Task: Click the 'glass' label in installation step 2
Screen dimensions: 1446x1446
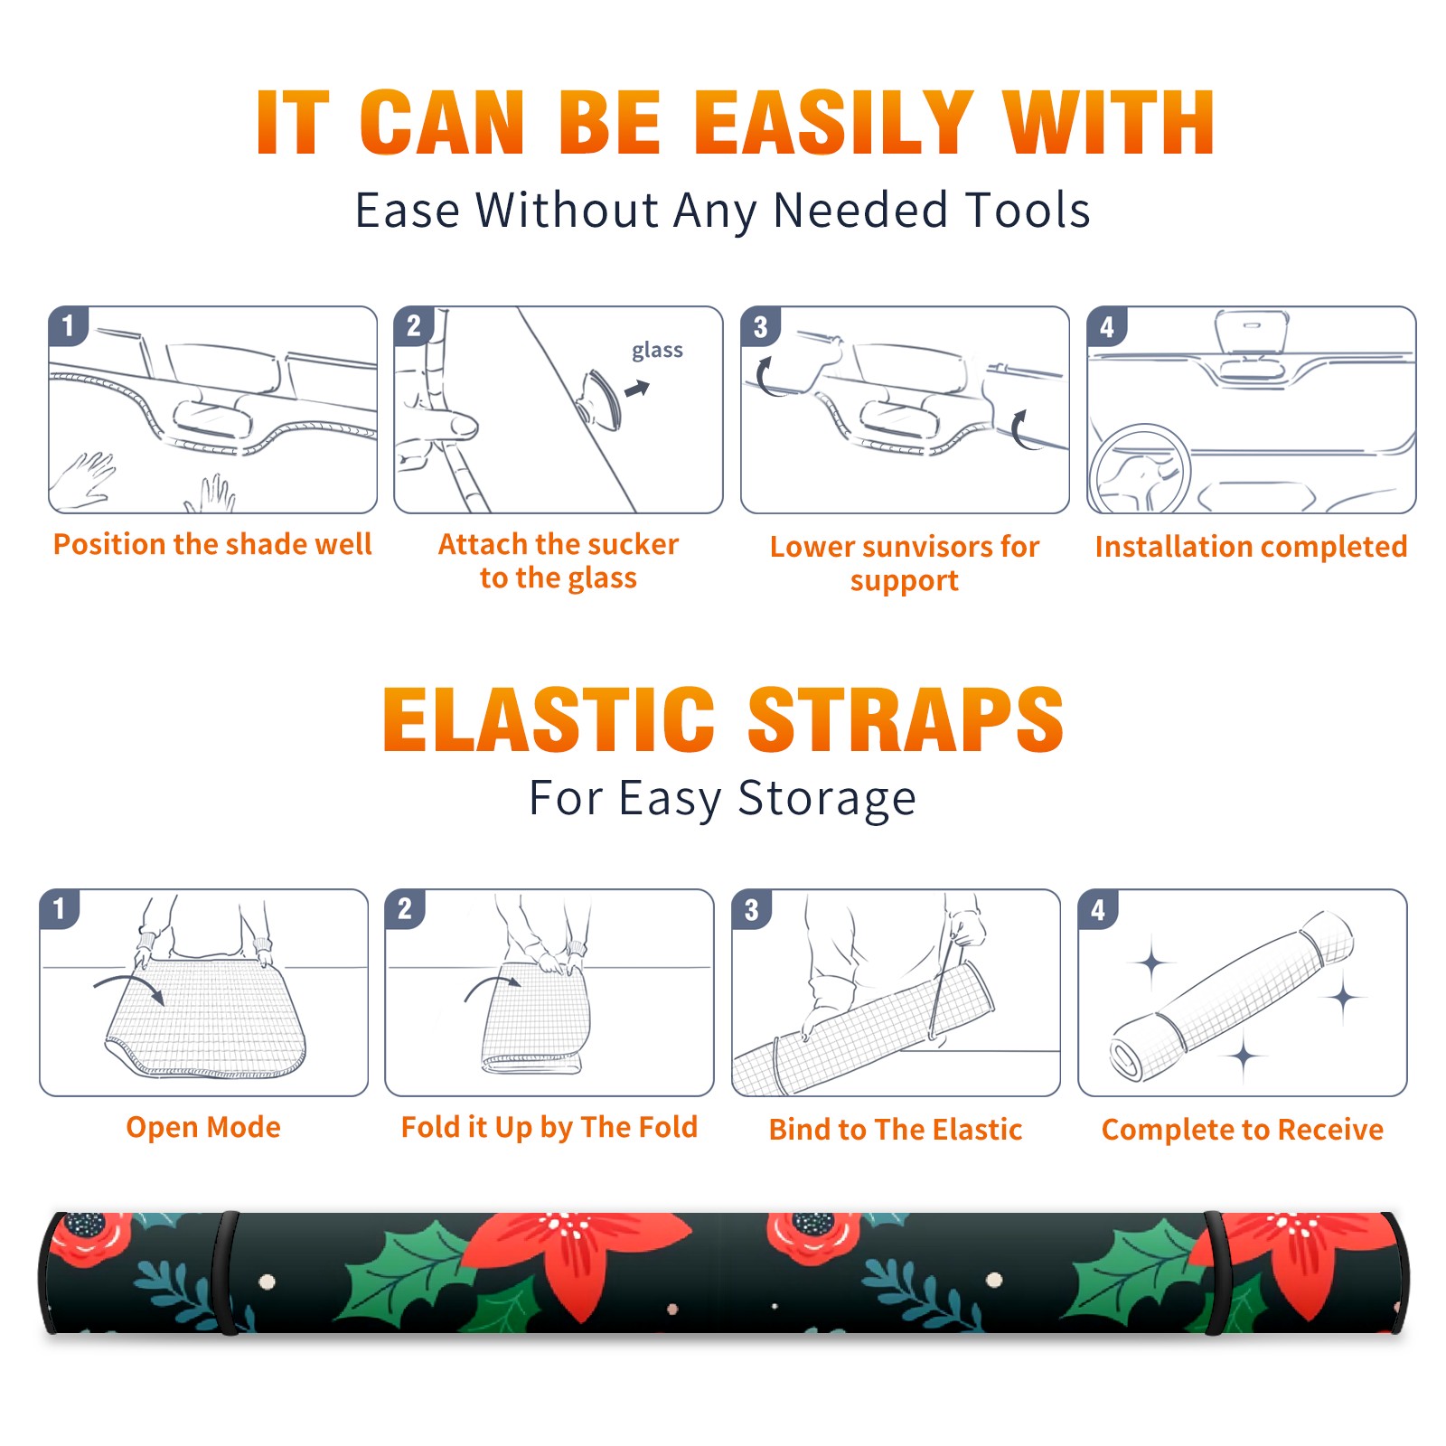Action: coord(657,351)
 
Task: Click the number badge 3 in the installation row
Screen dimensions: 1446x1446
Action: coord(760,327)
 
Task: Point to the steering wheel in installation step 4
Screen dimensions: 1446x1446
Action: coord(1139,468)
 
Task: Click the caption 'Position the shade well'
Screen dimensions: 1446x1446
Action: coord(212,544)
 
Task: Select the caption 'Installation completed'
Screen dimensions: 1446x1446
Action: coord(1251,546)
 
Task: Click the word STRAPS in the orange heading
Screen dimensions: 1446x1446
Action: coord(906,719)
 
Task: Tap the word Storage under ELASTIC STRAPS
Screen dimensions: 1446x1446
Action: coord(827,799)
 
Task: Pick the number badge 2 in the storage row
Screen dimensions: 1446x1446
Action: coord(405,909)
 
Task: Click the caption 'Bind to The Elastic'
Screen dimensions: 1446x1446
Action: coord(896,1130)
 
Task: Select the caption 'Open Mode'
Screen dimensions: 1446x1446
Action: coord(203,1127)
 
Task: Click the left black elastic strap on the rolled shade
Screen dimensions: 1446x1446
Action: coord(224,1272)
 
